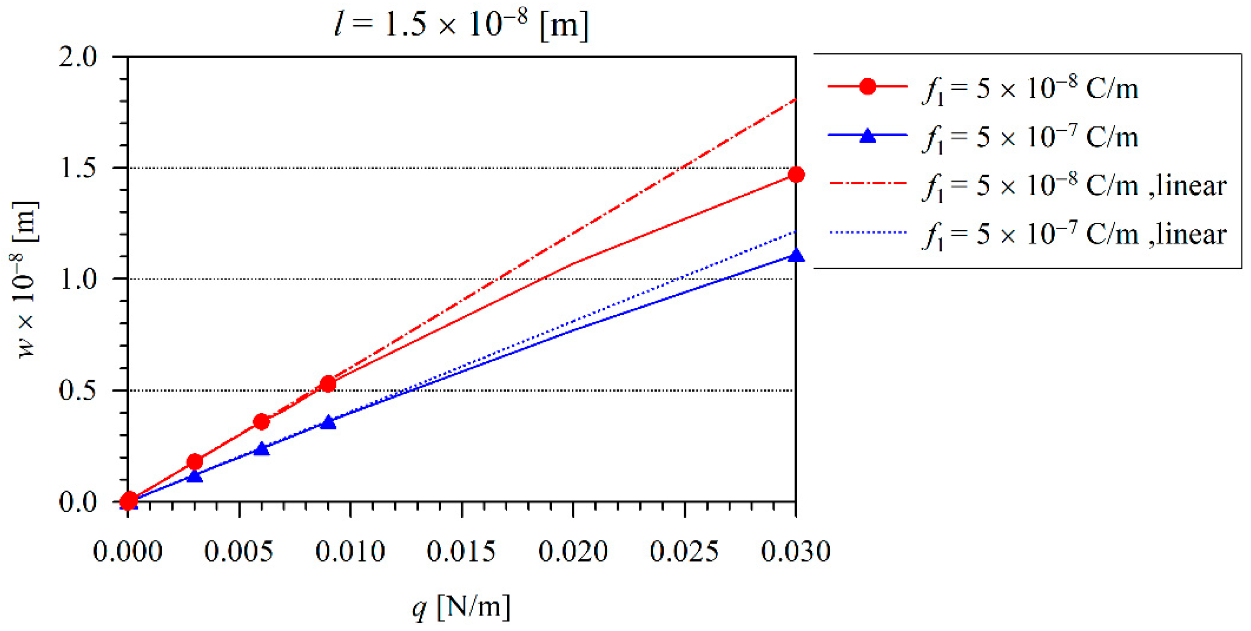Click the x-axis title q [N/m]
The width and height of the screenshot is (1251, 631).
click(461, 606)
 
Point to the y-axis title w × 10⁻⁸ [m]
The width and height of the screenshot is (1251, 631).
click(24, 279)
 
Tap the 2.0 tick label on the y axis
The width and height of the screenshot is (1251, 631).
click(78, 57)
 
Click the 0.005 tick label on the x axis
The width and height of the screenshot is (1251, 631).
click(238, 551)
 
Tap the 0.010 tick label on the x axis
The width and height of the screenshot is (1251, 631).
click(350, 551)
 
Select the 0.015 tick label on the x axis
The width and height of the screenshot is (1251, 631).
click(461, 551)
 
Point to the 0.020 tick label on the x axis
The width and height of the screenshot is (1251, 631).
click(573, 551)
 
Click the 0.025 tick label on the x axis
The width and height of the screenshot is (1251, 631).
click(684, 551)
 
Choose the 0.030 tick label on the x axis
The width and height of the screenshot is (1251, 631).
click(795, 551)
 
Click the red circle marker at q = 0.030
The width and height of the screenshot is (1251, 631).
click(795, 174)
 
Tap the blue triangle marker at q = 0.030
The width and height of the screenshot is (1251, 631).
click(795, 255)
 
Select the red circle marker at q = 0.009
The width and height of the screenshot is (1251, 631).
click(328, 384)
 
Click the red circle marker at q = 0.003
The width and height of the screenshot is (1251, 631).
click(195, 461)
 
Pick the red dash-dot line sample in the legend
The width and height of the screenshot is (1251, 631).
click(867, 183)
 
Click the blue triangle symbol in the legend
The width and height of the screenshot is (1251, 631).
click(867, 136)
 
